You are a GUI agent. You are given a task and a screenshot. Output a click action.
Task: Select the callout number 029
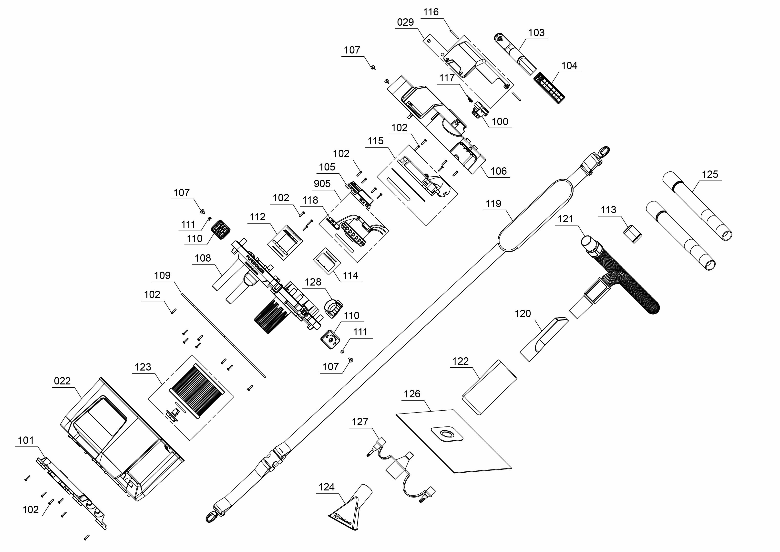tap(405, 22)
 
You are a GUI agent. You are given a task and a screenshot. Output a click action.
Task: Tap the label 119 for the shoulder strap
tap(493, 204)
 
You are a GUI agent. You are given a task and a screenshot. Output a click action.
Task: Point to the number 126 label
tap(412, 394)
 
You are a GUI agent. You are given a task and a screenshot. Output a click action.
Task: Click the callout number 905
tap(322, 184)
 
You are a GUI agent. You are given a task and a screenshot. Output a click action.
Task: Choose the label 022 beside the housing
tap(62, 381)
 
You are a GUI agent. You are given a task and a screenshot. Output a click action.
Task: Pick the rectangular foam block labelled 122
tap(489, 387)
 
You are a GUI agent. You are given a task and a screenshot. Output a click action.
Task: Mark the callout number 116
tap(431, 12)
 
